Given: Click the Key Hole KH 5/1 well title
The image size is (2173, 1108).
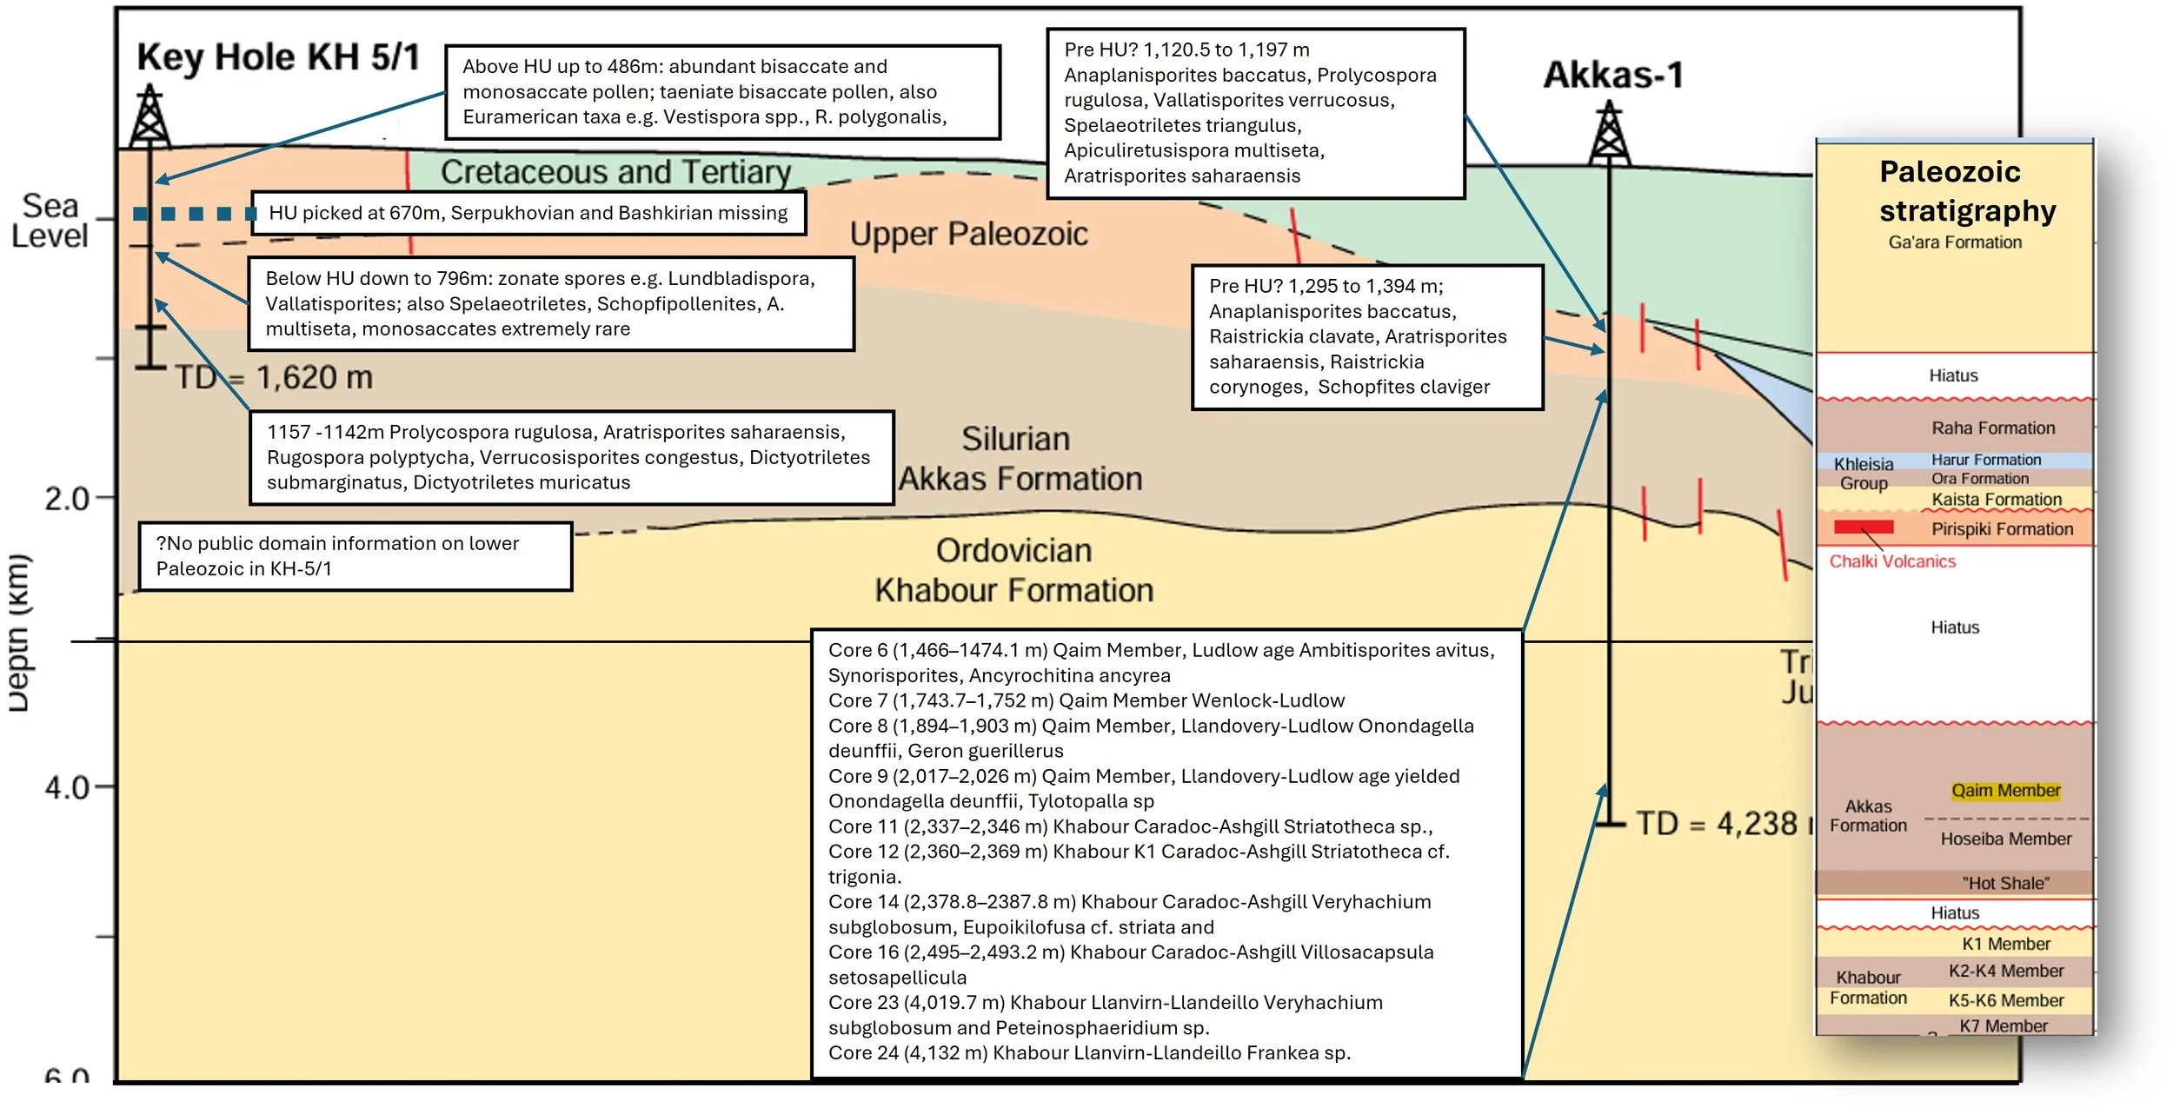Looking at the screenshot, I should pos(278,57).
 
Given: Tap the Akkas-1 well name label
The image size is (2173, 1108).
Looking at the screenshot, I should pos(1613,75).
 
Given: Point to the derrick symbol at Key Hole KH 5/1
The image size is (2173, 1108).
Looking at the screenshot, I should pos(150,116).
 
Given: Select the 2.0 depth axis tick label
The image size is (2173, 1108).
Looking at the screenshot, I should pos(66,499).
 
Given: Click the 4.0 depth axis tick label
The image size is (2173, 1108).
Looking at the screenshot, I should pos(66,788).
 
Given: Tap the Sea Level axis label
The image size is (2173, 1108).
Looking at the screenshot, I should pos(50,221).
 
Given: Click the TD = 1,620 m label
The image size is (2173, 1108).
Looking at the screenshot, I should pos(274,377).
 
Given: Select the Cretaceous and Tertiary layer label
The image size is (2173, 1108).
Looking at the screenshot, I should pos(615,172).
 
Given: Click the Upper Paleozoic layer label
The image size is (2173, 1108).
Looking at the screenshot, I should pos(968,234).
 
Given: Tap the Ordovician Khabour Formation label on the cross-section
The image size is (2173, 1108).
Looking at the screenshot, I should pos(1013,571).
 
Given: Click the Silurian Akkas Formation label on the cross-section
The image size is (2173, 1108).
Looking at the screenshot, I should pos(1019,459).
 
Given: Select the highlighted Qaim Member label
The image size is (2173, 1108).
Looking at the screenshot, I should pos(2005,791).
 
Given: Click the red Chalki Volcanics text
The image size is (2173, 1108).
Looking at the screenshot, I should pos(1892,561).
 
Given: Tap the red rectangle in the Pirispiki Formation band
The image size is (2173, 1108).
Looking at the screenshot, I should pos(1864,527).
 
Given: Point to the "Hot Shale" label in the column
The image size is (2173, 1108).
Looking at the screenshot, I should pos(2005,883).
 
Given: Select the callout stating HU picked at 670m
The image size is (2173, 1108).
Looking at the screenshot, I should pos(528,213).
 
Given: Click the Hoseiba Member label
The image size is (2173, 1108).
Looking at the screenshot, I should pos(2005,839).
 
